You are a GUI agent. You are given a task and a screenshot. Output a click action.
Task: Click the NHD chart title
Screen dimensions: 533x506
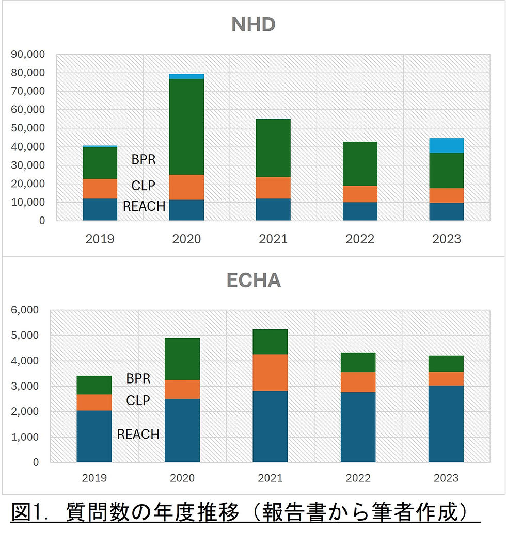pyautogui.click(x=253, y=25)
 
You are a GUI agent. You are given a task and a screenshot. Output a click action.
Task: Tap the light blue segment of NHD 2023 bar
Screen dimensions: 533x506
pyautogui.click(x=446, y=145)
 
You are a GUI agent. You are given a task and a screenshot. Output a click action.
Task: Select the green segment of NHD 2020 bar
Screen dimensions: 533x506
pyautogui.click(x=186, y=127)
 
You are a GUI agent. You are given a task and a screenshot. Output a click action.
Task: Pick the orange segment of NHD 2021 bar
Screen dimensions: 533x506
pyautogui.click(x=273, y=188)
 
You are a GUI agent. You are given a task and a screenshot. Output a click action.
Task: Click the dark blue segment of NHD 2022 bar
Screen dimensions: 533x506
pyautogui.click(x=359, y=211)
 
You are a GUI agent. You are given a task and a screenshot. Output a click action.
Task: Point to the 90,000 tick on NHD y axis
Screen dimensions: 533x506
pyautogui.click(x=28, y=54)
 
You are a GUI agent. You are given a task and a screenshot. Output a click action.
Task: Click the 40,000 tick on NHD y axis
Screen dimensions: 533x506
pyautogui.click(x=28, y=147)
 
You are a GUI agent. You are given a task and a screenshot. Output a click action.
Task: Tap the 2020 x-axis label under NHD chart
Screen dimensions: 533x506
pyautogui.click(x=186, y=239)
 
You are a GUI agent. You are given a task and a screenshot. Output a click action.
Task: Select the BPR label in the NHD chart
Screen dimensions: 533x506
pyautogui.click(x=143, y=159)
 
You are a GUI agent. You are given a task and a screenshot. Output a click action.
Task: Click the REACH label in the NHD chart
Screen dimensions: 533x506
pyautogui.click(x=144, y=207)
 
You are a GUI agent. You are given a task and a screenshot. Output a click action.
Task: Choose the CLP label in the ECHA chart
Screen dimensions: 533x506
pyautogui.click(x=138, y=401)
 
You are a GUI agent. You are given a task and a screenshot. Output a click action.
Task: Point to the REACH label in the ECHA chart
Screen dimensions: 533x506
pyautogui.click(x=138, y=434)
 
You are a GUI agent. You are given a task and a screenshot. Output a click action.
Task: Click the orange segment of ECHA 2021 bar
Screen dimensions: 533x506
pyautogui.click(x=270, y=372)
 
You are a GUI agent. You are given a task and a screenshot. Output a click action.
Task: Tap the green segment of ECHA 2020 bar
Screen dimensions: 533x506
pyautogui.click(x=182, y=359)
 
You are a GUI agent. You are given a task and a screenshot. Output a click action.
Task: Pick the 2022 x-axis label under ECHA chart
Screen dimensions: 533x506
pyautogui.click(x=358, y=478)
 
